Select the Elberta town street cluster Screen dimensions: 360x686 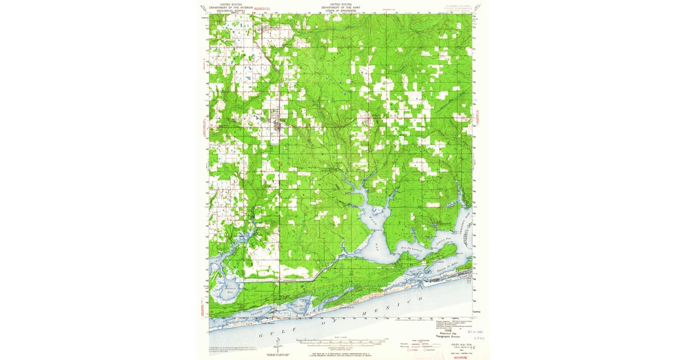point(365,121)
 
